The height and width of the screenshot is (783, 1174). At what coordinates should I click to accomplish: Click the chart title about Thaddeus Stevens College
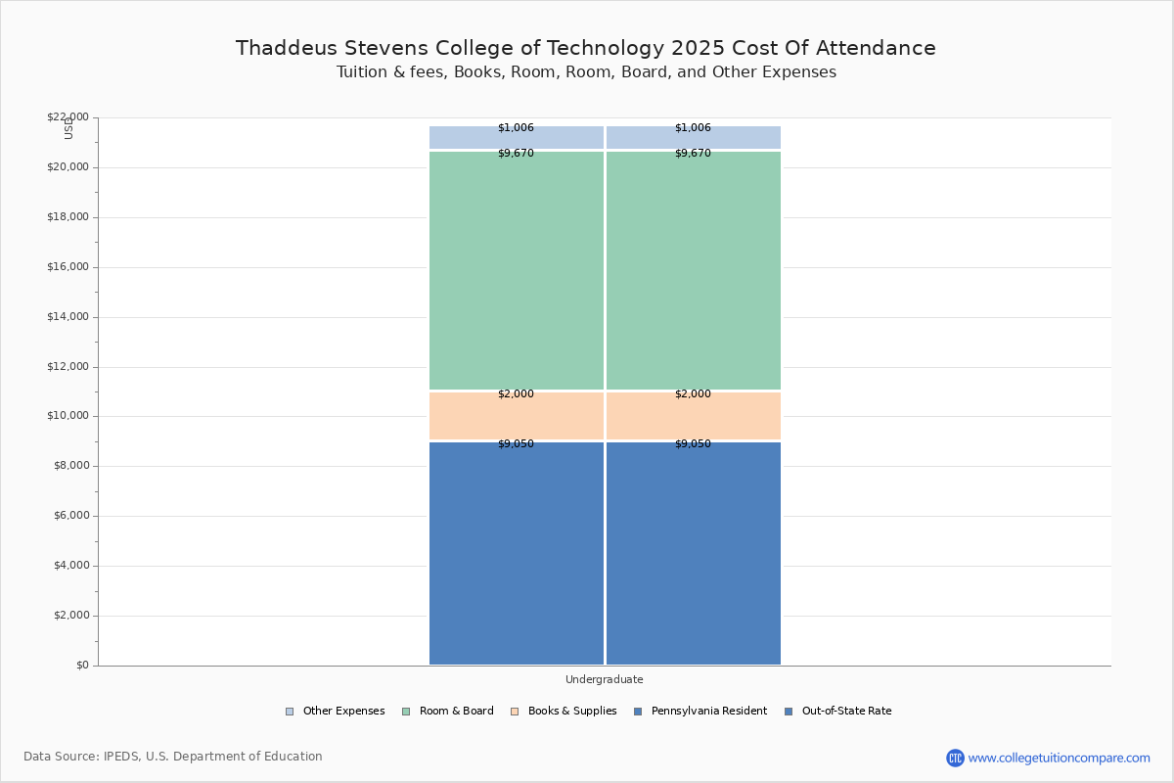pos(585,48)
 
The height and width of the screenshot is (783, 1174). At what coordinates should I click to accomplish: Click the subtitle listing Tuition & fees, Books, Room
pos(586,72)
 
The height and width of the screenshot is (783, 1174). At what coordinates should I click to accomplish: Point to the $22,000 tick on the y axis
pos(68,117)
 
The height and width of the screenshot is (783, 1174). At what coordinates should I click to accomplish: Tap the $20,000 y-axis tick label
pos(68,167)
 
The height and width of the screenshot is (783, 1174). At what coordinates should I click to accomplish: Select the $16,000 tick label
pos(68,267)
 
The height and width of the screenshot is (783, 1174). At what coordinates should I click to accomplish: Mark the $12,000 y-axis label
pos(68,367)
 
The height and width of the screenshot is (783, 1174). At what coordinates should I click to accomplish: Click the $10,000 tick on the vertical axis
pos(68,416)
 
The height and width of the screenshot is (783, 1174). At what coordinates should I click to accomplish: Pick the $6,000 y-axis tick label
pos(70,516)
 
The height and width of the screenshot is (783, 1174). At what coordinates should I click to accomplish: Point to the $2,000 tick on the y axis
pos(70,616)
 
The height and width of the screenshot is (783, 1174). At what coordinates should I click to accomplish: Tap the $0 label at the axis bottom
pos(81,666)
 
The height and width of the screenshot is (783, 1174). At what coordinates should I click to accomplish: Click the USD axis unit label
pos(68,128)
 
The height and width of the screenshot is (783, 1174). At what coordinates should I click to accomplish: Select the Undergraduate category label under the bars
pos(604,679)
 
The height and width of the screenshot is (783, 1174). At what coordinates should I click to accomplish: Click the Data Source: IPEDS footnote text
pos(173,757)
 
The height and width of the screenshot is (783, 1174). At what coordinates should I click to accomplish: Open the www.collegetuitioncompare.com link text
pos(1059,758)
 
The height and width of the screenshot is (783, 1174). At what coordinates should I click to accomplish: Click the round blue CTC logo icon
pos(955,758)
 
